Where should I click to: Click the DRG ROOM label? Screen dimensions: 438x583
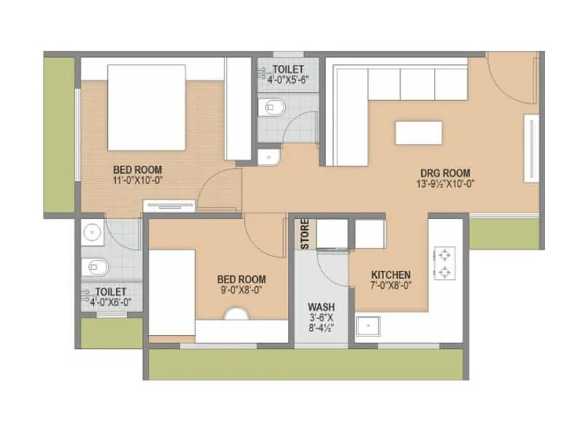445,173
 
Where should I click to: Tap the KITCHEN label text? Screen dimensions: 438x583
390,274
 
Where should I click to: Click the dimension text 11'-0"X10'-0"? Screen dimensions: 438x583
137,180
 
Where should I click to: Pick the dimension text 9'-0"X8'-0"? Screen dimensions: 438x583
241,289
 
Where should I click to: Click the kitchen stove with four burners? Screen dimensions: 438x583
444,264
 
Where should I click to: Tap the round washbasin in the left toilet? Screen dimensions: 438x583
92,233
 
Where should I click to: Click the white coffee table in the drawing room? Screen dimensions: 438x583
418,132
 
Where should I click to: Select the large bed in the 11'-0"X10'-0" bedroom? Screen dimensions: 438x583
146,107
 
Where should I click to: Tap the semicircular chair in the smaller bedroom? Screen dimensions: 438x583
235,314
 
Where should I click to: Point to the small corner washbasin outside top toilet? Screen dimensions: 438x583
267,156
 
